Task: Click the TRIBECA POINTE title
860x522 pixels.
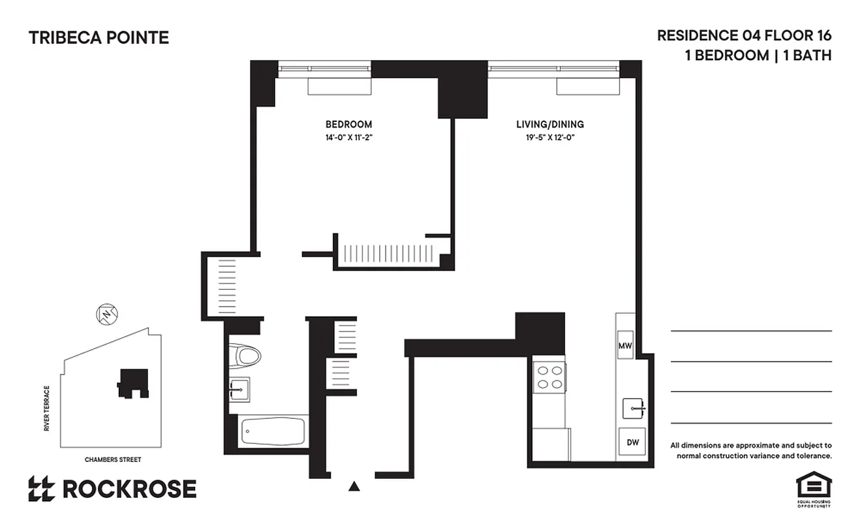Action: tap(99, 38)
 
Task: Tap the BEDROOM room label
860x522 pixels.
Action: tap(348, 124)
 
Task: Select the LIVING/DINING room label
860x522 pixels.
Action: tap(549, 124)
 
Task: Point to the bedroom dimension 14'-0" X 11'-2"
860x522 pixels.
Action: tap(348, 138)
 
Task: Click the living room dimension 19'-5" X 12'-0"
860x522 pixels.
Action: tap(549, 138)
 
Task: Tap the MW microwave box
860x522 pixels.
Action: tap(626, 346)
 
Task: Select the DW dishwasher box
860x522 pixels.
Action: tap(632, 442)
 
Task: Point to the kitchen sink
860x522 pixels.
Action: tap(633, 408)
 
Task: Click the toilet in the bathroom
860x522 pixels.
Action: tap(247, 356)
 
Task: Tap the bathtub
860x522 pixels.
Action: tap(272, 431)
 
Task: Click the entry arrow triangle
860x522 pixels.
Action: tap(354, 485)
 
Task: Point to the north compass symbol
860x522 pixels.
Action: tap(105, 314)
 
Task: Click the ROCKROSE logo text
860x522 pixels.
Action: tap(129, 489)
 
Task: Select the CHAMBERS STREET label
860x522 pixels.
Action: tap(113, 459)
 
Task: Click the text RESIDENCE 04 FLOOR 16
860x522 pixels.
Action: tap(744, 35)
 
